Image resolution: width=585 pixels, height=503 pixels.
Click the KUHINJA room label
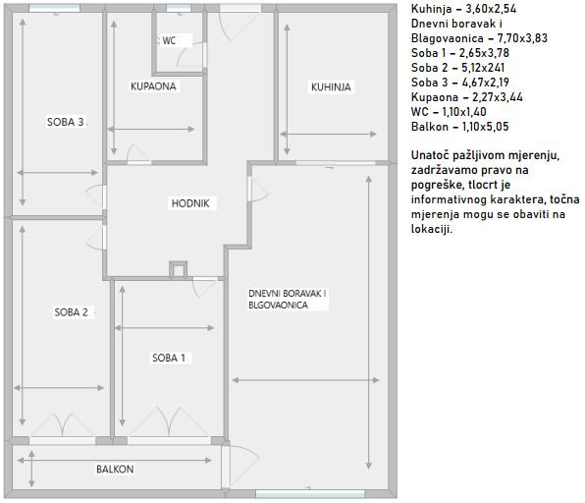coord(331,87)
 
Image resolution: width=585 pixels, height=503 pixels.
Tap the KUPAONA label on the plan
coord(153,86)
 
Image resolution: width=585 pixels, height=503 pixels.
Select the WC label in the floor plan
coord(169,40)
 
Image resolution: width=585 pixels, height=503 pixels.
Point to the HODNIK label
coord(190,203)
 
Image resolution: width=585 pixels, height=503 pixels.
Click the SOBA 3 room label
coord(66,122)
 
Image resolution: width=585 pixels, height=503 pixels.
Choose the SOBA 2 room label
coord(72,312)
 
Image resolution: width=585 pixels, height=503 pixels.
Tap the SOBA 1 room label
coord(169,358)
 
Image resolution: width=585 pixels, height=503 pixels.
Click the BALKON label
coord(115,469)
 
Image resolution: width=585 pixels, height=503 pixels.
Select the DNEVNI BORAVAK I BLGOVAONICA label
coord(288,299)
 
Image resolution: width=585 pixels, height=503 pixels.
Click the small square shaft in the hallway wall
coord(178,269)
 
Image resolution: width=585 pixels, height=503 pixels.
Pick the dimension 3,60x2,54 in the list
coord(491,9)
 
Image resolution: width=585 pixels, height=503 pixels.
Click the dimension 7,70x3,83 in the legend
coord(522,38)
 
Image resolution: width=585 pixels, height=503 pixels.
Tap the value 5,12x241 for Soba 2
coord(483,68)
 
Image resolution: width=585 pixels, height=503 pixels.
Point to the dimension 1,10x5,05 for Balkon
coord(486,127)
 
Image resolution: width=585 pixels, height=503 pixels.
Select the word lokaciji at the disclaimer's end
coord(432,229)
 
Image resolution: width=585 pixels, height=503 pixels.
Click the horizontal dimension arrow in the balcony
coord(115,461)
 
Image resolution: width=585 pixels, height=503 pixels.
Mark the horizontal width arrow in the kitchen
coord(328,134)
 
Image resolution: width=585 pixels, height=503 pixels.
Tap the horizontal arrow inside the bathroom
coord(151,130)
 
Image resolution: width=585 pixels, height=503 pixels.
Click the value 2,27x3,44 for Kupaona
coord(498,97)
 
